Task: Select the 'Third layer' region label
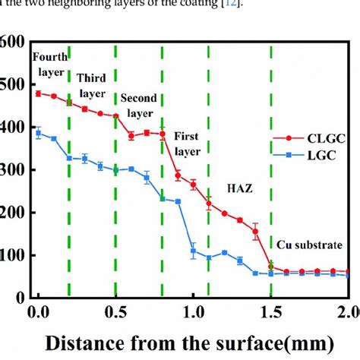pos(92,84)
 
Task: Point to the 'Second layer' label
pos(138,106)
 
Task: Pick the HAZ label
pos(239,185)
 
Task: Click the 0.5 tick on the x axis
pos(115,311)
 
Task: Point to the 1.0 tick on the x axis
pos(193,311)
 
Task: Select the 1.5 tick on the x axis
pos(271,311)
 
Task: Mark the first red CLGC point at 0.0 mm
pos(38,93)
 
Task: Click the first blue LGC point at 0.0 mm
pos(38,133)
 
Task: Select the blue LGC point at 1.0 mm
pos(193,251)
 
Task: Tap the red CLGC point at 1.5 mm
pos(271,267)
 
